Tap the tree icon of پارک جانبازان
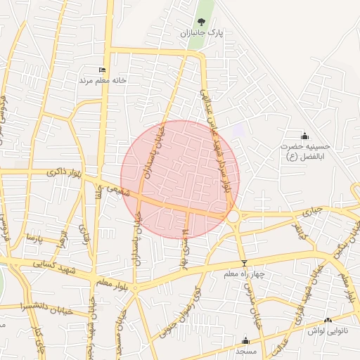click(202, 22)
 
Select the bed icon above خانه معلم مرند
click(103, 70)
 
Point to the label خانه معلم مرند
click(103, 80)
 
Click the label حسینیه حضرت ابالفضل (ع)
click(304, 151)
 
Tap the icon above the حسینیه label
click(304, 136)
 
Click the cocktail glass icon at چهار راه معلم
click(244, 263)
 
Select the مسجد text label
click(245, 349)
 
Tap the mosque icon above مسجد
click(245, 340)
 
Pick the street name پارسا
click(35, 239)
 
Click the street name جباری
click(311, 210)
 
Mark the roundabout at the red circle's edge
click(233, 214)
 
